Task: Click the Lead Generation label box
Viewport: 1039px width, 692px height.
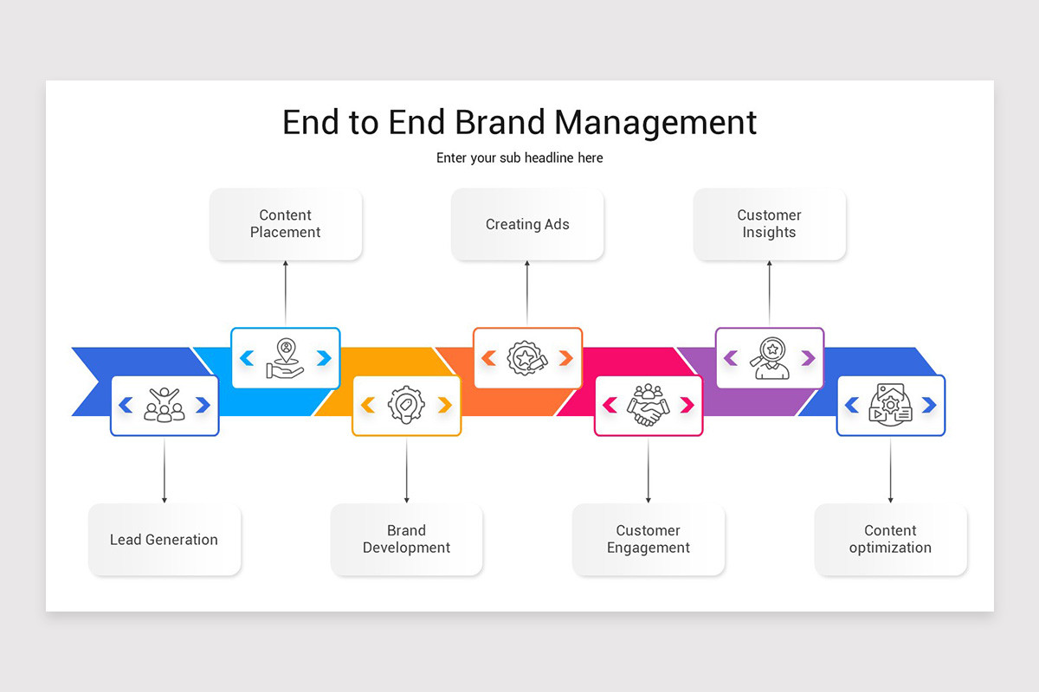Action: coord(165,540)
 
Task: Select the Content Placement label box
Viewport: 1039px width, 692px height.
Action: coord(285,224)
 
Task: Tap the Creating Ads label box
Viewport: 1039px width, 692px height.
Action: coord(527,224)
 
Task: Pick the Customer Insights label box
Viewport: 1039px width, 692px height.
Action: coord(769,224)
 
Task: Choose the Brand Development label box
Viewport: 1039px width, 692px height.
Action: coord(406,540)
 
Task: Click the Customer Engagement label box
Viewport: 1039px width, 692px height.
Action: coord(648,540)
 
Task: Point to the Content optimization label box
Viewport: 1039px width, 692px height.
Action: coord(890,540)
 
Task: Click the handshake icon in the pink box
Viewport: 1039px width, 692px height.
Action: coord(648,405)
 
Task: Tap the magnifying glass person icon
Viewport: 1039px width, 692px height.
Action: coord(769,358)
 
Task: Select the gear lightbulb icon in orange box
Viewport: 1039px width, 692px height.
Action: coord(406,405)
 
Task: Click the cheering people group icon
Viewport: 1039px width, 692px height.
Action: coord(165,405)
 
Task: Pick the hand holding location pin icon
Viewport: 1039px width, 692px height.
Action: coord(285,358)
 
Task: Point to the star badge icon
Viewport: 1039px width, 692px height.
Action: coord(526,358)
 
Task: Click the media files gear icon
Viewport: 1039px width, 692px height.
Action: coord(890,405)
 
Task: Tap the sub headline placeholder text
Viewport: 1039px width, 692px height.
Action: coord(519,158)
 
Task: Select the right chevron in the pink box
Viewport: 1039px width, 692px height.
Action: coord(687,405)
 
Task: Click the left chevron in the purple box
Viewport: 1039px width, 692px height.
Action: coord(730,358)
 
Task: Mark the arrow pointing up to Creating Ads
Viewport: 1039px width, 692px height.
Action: coord(527,294)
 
